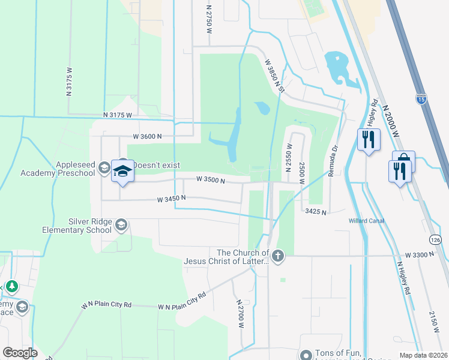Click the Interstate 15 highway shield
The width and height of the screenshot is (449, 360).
pyautogui.click(x=421, y=98)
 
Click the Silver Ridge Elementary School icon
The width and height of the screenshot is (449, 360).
pyautogui.click(x=121, y=225)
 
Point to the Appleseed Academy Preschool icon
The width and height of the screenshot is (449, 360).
pyautogui.click(x=104, y=168)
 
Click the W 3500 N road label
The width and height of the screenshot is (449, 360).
pyautogui.click(x=210, y=179)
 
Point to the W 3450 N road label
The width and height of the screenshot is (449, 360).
pyautogui.click(x=171, y=199)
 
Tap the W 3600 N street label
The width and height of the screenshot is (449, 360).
pyautogui.click(x=148, y=136)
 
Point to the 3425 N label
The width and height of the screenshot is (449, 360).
pyautogui.click(x=315, y=212)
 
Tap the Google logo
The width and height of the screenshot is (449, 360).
pyautogui.click(x=19, y=353)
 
